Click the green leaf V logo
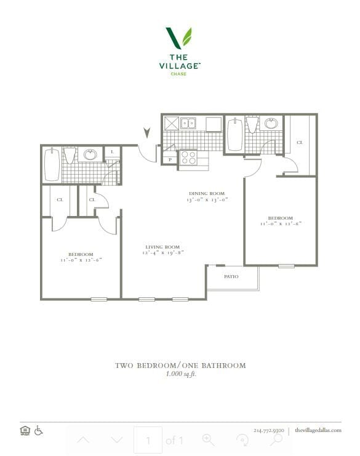(179, 38)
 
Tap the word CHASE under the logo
(179, 74)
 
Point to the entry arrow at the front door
(146, 132)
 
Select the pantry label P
(170, 160)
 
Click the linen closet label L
(113, 153)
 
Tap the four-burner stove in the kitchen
(188, 159)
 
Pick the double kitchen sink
(188, 123)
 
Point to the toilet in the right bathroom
(252, 125)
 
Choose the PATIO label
(231, 277)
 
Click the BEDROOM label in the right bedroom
(280, 218)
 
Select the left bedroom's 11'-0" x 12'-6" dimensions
(81, 260)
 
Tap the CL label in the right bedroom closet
(300, 142)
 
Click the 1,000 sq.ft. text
(180, 374)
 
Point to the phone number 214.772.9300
(269, 430)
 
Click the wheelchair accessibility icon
(39, 430)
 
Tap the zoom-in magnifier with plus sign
(208, 439)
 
